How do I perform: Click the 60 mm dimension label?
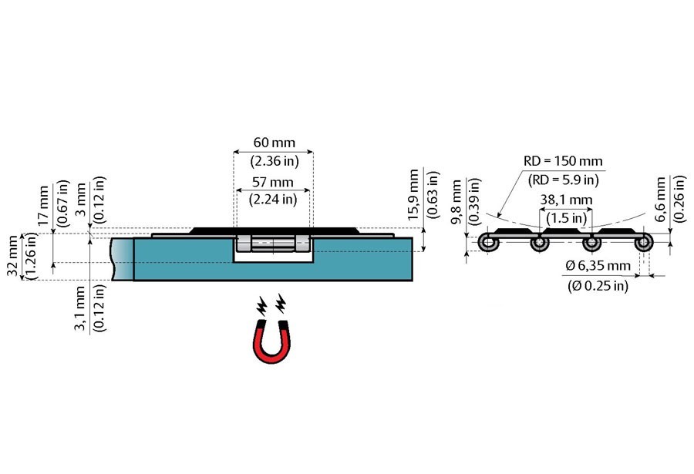(x=273, y=143)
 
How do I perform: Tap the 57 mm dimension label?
(x=273, y=183)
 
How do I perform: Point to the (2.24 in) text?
(x=273, y=200)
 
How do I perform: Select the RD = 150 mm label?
(x=563, y=161)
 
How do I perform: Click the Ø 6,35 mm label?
(x=598, y=266)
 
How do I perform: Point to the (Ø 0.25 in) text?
(x=597, y=285)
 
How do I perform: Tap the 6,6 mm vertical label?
(x=662, y=199)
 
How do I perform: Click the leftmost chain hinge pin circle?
(x=488, y=244)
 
